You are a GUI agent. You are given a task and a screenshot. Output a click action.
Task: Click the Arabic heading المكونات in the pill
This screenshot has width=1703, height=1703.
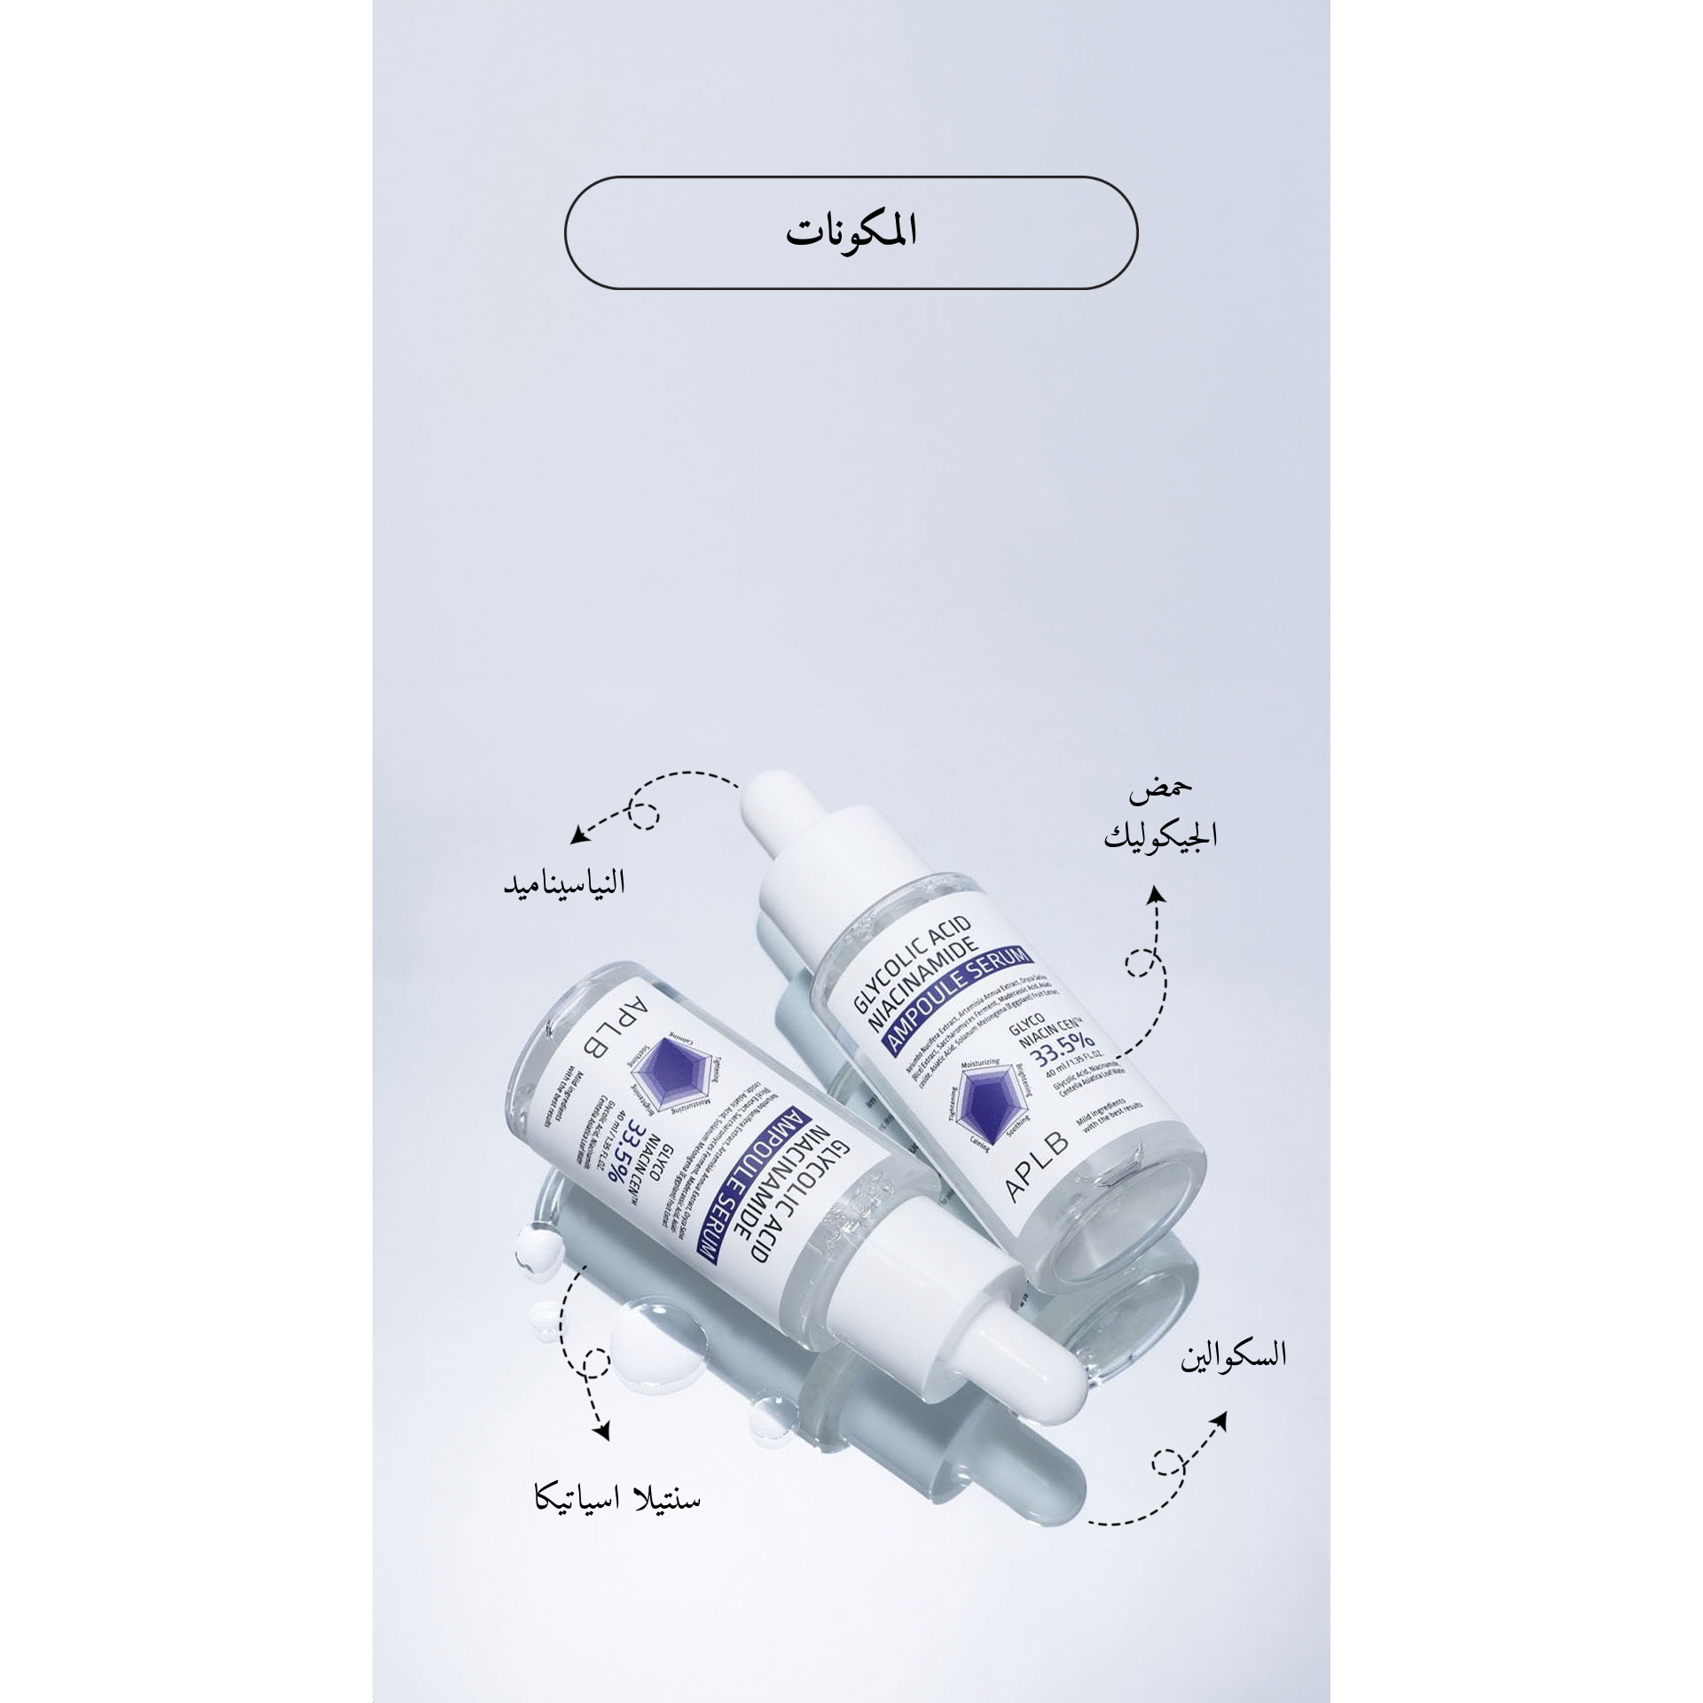(x=851, y=232)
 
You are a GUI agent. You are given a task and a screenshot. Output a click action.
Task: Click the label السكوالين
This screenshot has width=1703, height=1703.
(x=1232, y=1381)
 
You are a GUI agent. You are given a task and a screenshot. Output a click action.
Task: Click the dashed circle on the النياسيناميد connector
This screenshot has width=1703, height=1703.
(x=645, y=813)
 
